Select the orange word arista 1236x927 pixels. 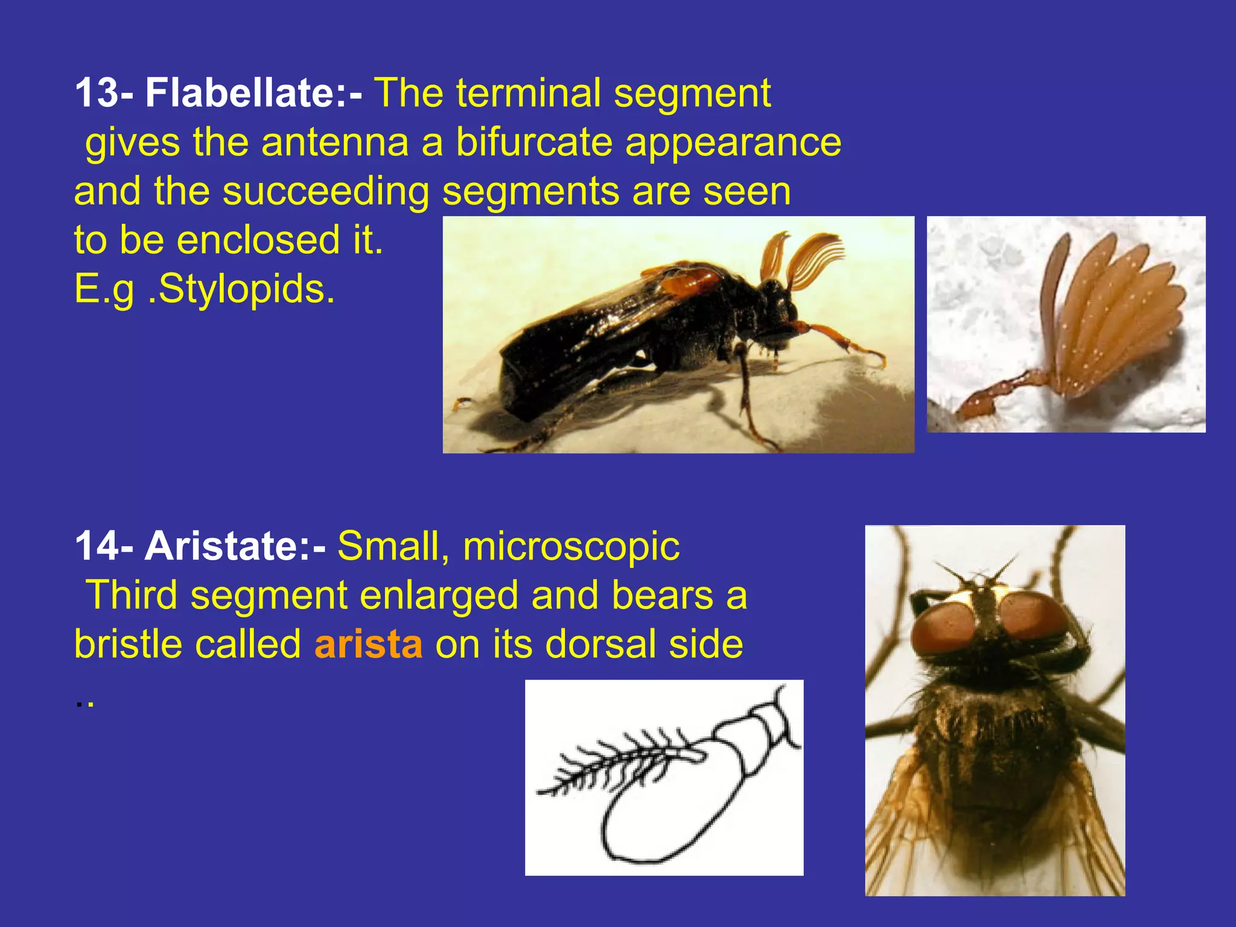[x=368, y=644]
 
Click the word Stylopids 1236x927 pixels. [x=241, y=289]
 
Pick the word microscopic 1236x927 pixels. [x=571, y=546]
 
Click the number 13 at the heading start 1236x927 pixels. [x=96, y=93]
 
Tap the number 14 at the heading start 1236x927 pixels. [x=96, y=546]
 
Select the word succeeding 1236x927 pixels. [x=326, y=191]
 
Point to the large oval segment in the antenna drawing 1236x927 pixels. [x=670, y=809]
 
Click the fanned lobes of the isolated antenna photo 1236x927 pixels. [x=1117, y=308]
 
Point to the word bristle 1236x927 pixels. [x=127, y=644]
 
